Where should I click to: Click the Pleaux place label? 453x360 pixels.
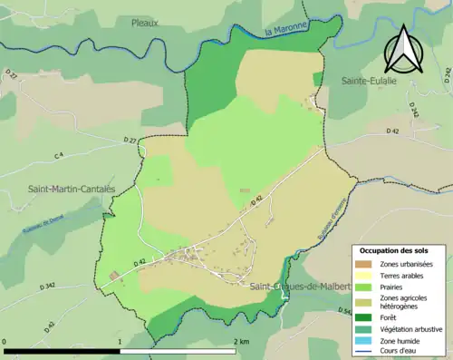(x=145, y=22)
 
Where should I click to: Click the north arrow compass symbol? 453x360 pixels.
(x=402, y=49)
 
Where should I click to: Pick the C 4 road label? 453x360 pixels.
(x=59, y=157)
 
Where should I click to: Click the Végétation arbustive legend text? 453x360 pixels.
(x=407, y=328)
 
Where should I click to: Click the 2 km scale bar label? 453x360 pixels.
(x=242, y=342)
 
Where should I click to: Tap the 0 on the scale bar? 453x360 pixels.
(x=6, y=342)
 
